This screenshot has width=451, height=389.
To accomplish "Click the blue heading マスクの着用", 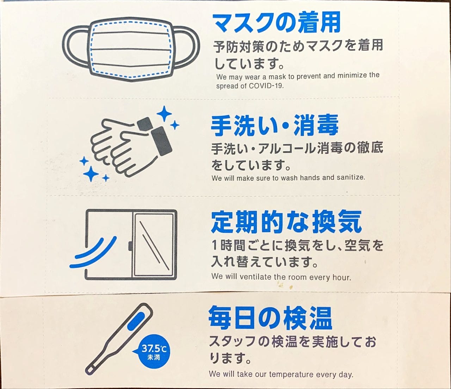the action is pos(276,23).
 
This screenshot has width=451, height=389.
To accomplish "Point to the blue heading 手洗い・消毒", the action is pos(275,126).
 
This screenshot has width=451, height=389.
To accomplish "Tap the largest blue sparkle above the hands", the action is pos(164,114).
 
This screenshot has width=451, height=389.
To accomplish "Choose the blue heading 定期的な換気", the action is pos(286,223).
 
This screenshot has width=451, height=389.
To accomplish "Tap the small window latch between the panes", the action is pos(130,246).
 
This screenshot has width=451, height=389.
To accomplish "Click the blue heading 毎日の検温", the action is pos(270,318).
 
